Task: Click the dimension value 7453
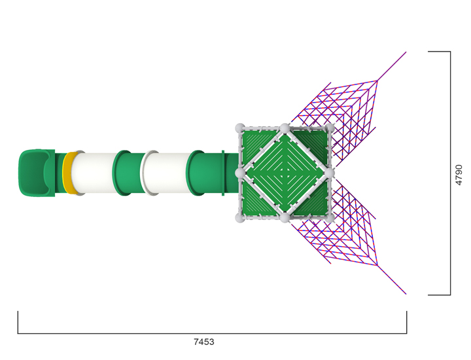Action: point(203,342)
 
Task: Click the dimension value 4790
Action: point(459,175)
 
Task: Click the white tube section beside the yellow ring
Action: point(94,173)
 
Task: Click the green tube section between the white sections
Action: point(128,173)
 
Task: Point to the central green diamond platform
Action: point(285,173)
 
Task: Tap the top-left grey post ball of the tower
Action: point(239,128)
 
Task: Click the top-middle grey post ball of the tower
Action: point(285,128)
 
